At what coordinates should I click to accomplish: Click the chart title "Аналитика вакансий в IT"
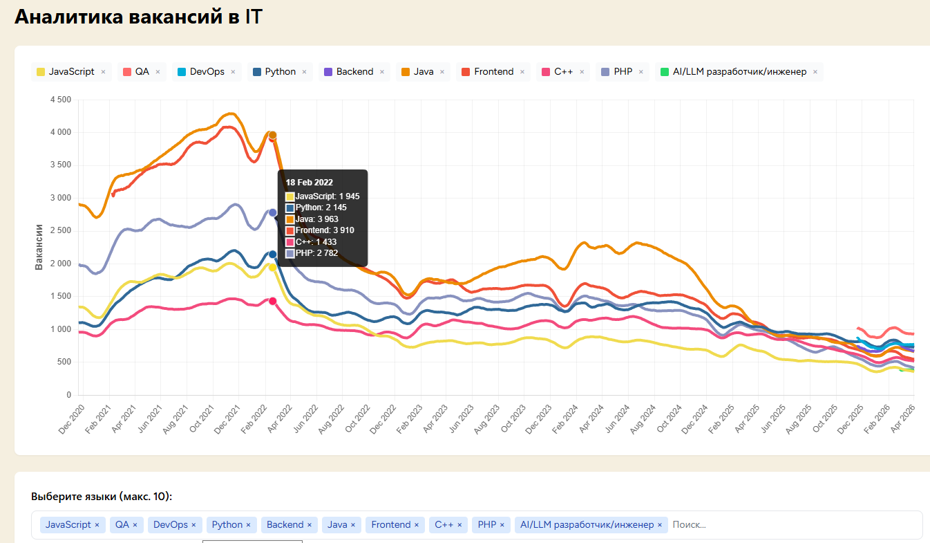[138, 17]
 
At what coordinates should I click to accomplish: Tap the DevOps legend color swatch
[182, 72]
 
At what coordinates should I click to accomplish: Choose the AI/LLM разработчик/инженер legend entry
[739, 72]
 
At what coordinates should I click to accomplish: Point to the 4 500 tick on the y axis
[60, 100]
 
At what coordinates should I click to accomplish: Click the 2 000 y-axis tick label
[60, 264]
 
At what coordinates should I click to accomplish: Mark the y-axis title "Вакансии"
[39, 247]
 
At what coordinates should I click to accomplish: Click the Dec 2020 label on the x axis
[72, 420]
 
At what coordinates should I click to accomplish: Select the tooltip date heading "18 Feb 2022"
[310, 183]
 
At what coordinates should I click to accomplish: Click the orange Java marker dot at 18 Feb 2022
[273, 135]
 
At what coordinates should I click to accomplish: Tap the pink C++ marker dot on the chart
[273, 301]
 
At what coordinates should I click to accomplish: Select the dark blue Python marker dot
[273, 255]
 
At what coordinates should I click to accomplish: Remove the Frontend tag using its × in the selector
[417, 525]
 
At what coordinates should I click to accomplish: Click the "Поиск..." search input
[760, 525]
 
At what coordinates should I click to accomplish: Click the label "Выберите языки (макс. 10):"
[102, 497]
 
